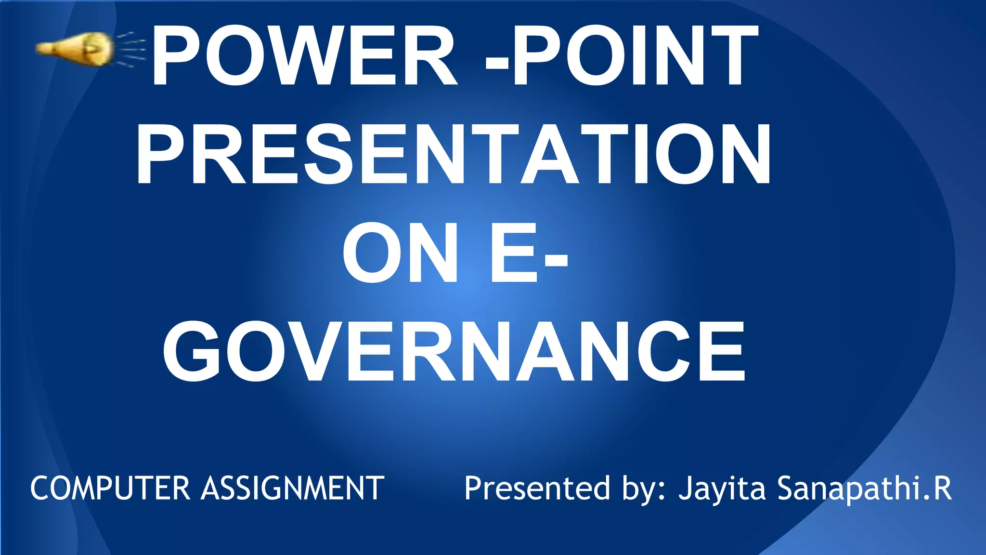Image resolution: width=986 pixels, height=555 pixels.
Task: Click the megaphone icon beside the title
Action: click(x=77, y=49)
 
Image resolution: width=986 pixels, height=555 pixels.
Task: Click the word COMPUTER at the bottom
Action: click(x=110, y=488)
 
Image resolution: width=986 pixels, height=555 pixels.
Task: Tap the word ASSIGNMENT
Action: click(x=293, y=488)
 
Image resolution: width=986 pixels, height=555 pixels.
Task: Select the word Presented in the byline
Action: click(x=537, y=488)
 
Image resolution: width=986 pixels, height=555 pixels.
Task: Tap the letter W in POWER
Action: click(x=311, y=55)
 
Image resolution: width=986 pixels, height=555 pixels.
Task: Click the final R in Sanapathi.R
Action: click(x=942, y=488)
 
